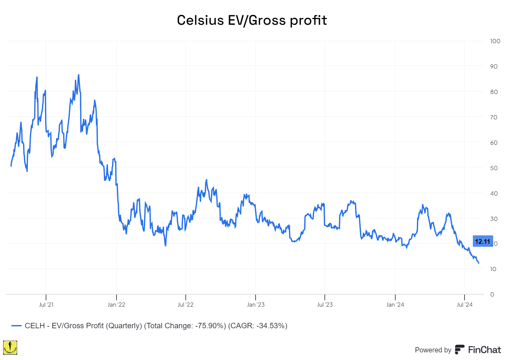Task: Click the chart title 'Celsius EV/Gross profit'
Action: tap(252, 20)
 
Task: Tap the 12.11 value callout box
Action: tap(483, 241)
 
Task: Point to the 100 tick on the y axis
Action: tap(495, 41)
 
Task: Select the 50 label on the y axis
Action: tap(494, 168)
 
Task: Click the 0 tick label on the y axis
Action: tap(492, 294)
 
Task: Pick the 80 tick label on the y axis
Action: tap(494, 92)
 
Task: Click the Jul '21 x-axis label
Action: tap(46, 305)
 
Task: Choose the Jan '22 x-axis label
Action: tap(116, 305)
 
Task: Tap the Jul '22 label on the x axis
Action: tap(185, 305)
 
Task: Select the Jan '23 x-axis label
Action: tap(256, 305)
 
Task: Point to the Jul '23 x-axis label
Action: tap(325, 305)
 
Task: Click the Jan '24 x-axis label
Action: tap(395, 305)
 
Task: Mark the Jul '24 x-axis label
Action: tap(465, 305)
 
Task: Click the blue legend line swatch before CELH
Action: tap(17, 326)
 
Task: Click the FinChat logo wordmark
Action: tap(478, 350)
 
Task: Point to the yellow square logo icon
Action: tap(10, 348)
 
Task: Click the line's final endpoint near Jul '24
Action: tap(478, 263)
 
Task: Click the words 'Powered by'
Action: tap(433, 350)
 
